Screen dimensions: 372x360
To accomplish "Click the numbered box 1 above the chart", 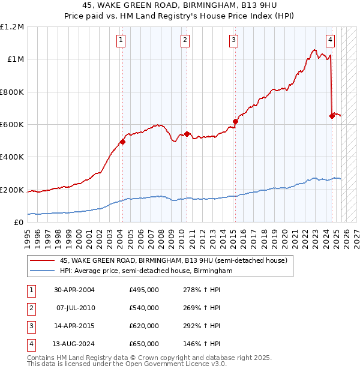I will click(121, 40).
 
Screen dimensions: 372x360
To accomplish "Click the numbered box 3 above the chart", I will click(233, 40).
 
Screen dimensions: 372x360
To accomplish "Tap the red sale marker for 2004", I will click(122, 142).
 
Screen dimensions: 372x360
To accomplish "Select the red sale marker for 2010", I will click(187, 134).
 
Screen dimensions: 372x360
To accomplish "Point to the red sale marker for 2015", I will click(235, 122).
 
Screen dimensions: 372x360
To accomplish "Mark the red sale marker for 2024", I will click(332, 116).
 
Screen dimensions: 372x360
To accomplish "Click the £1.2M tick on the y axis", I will click(12, 27).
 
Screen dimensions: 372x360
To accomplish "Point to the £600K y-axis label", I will click(12, 125).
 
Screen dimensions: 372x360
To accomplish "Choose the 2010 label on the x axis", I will click(182, 233).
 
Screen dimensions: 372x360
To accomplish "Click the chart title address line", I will click(180, 7).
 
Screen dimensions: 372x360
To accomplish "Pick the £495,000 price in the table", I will click(144, 290).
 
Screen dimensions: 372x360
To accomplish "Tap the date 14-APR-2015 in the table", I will click(74, 326).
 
